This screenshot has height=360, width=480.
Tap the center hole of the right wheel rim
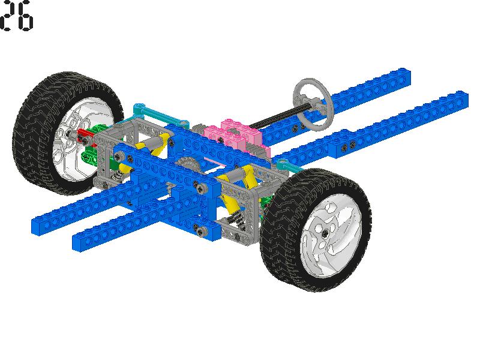(x=325, y=233)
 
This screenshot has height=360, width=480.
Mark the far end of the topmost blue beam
(x=408, y=77)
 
